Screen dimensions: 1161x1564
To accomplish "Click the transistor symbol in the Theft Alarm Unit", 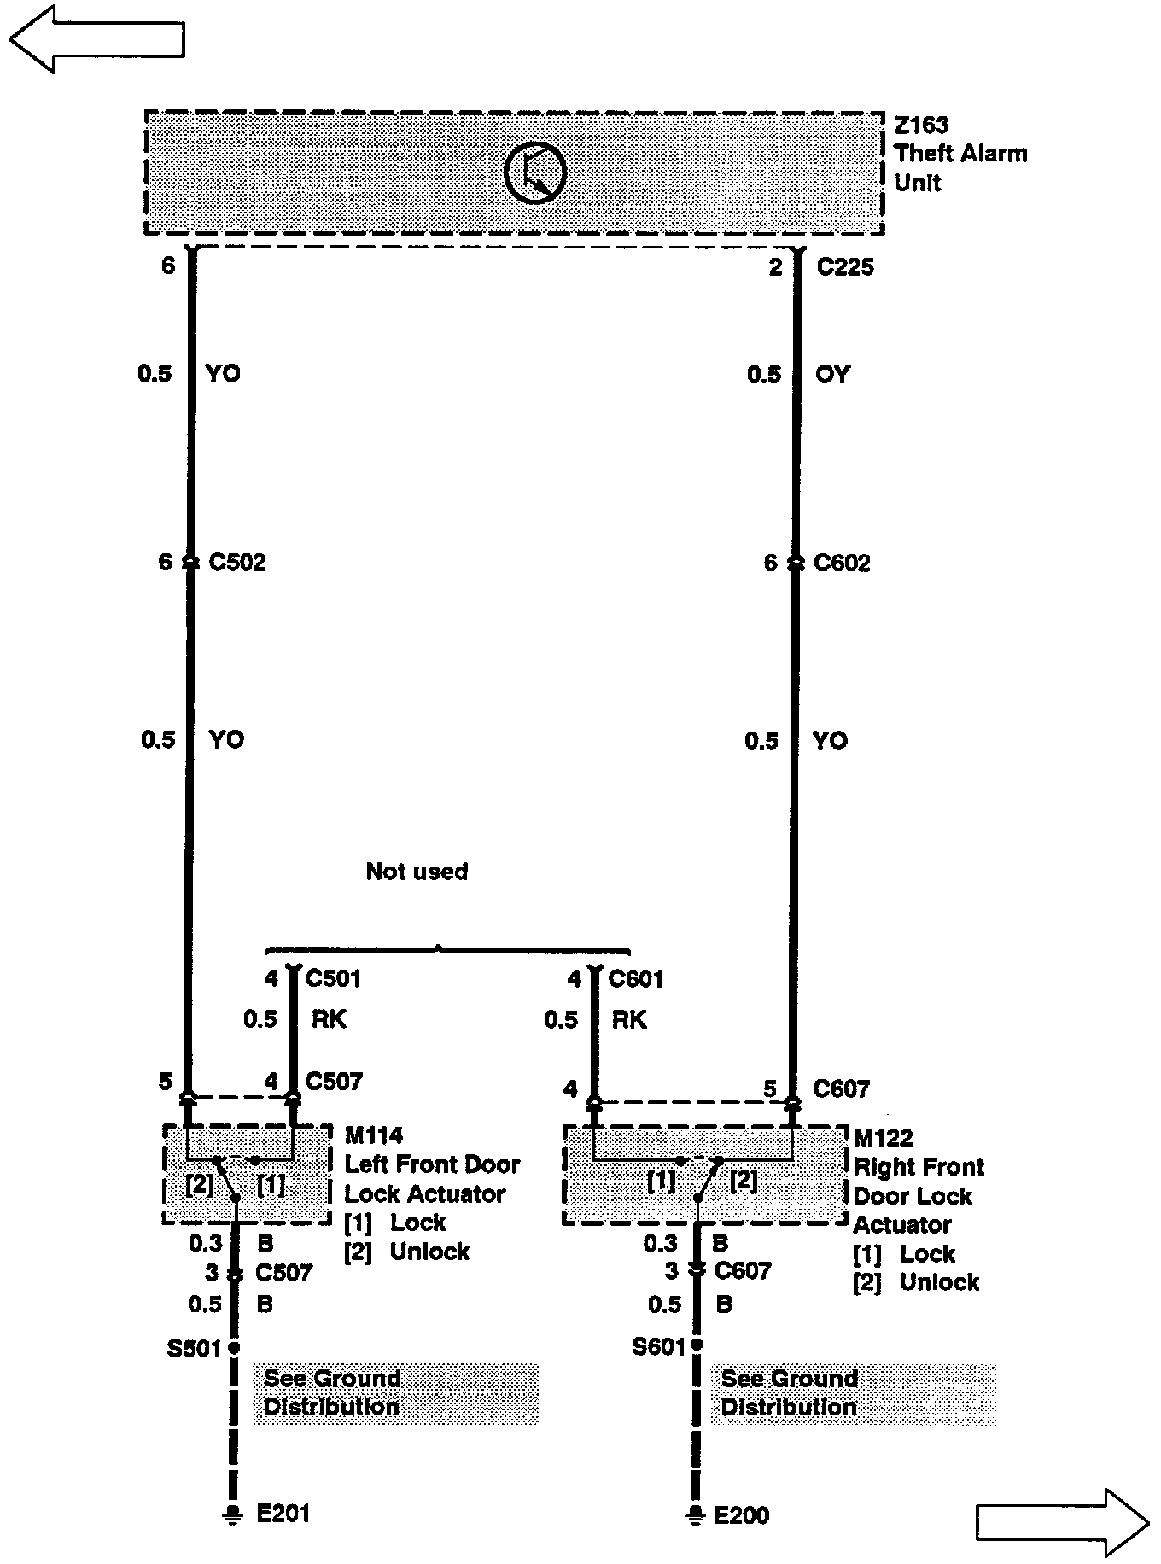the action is (535, 172).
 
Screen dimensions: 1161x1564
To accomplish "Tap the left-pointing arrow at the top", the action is (96, 38).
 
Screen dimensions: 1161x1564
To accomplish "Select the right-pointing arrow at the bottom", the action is (1062, 1522).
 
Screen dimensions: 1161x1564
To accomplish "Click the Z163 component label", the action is (921, 125).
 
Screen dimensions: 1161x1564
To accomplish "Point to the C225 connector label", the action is (845, 267).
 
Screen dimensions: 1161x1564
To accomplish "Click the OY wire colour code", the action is (832, 375).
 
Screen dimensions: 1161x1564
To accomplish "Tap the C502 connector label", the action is (237, 563).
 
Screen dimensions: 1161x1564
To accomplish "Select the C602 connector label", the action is (842, 563).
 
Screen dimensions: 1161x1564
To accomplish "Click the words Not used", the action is (417, 872).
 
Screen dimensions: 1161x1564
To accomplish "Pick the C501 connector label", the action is (333, 978).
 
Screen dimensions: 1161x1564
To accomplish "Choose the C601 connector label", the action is (636, 978).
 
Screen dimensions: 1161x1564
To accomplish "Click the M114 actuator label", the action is (374, 1135).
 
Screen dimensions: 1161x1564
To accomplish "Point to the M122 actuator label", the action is (883, 1138).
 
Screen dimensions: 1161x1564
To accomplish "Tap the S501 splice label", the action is (195, 1349).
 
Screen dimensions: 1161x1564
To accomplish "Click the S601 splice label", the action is (658, 1347).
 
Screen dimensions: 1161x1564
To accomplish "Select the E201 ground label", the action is (283, 1514).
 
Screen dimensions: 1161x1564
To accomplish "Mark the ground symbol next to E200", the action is (696, 1515).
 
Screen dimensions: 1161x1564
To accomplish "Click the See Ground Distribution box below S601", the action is (853, 1393).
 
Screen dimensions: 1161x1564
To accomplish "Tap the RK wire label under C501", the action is (329, 1019).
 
